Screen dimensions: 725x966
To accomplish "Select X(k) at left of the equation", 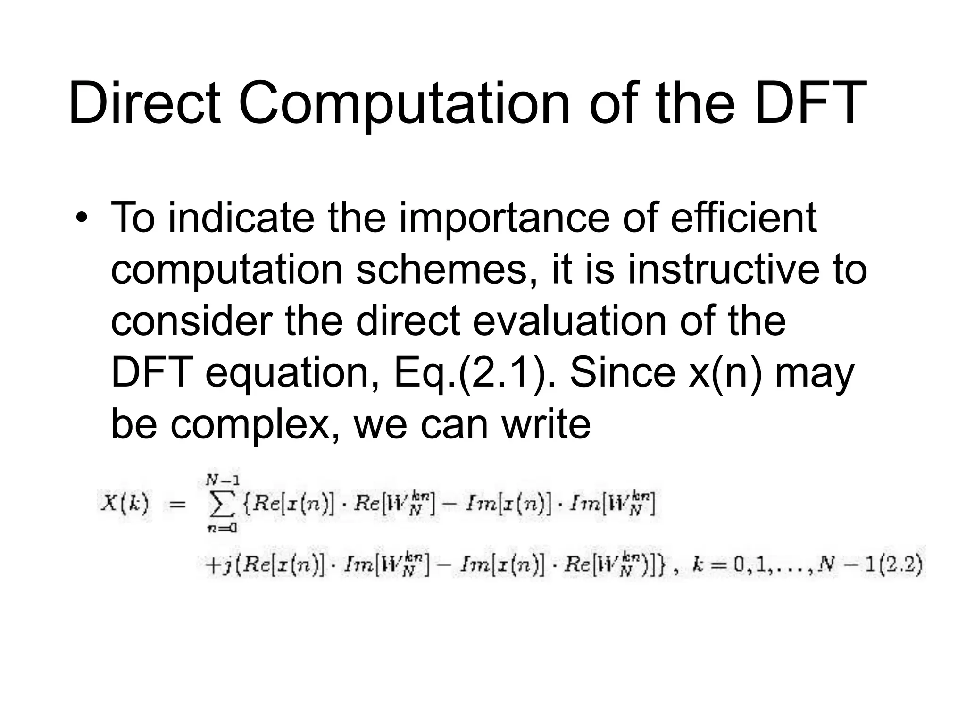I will (125, 504).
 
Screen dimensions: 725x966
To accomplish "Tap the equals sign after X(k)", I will (177, 505).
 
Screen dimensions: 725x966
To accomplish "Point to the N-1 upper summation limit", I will (223, 481).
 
